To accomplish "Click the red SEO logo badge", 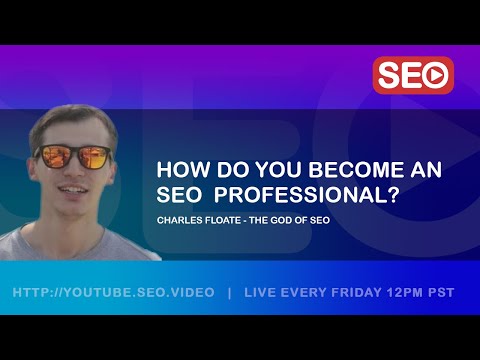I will (x=413, y=75).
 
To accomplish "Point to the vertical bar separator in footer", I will (x=230, y=293).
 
